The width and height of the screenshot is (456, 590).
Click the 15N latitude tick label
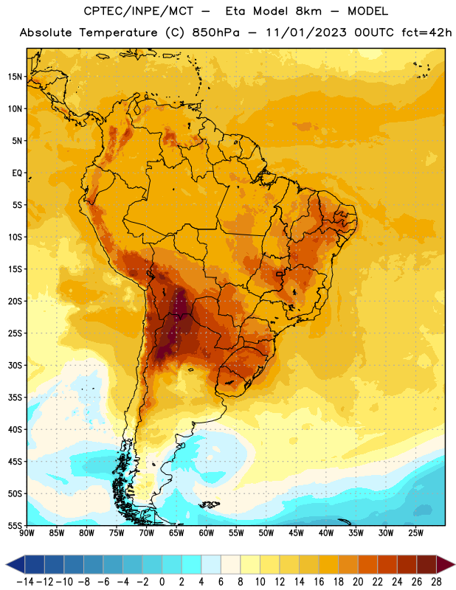tap(15, 77)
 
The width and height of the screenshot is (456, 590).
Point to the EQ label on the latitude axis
tap(17, 173)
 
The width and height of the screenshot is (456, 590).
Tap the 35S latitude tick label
tap(15, 398)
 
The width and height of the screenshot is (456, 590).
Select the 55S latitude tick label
tap(15, 526)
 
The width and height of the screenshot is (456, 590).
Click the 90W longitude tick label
tap(27, 533)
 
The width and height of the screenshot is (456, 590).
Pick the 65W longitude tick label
tap(176, 533)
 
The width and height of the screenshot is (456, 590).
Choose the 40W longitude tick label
tap(325, 533)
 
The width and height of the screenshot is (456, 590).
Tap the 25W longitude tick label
tap(415, 533)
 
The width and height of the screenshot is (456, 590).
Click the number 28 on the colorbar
tap(436, 582)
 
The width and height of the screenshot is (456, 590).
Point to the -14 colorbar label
tap(25, 582)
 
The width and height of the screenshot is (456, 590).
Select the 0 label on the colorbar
tap(162, 582)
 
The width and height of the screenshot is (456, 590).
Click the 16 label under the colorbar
tap(319, 582)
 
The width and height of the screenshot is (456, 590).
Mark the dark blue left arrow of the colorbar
tap(15, 564)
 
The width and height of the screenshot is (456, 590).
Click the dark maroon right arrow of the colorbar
tap(446, 564)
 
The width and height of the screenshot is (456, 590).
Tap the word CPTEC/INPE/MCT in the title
tap(139, 11)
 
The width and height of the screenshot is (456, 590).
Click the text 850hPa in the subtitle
tap(215, 32)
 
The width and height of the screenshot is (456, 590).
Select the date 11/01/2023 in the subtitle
tap(306, 32)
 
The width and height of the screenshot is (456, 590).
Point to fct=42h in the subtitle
tap(426, 32)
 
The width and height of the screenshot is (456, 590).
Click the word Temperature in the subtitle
tap(118, 33)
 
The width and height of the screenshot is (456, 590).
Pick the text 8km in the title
tap(308, 11)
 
